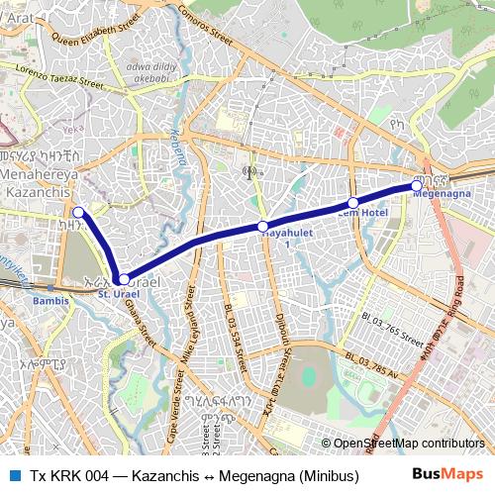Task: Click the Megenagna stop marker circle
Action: pyautogui.click(x=417, y=185)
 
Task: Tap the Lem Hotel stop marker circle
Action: pyautogui.click(x=352, y=202)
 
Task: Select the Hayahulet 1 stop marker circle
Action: pyautogui.click(x=263, y=227)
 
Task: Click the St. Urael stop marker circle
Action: pyautogui.click(x=122, y=280)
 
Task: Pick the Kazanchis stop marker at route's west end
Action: pyautogui.click(x=78, y=211)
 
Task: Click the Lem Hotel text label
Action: pyautogui.click(x=362, y=213)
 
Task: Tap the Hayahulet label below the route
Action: pyautogui.click(x=274, y=237)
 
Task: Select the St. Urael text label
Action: pyautogui.click(x=118, y=294)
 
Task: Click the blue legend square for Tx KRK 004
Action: pyautogui.click(x=15, y=475)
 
